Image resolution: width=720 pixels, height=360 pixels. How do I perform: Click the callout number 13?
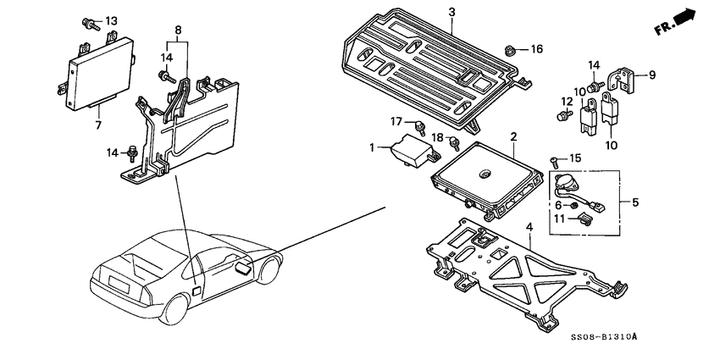point(112,20)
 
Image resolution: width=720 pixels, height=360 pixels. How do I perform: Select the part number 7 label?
point(98,125)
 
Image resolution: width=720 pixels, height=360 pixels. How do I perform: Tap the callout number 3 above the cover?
point(451,12)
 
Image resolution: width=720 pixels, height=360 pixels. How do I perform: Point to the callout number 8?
point(177,30)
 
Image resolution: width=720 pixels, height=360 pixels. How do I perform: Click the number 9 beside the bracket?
point(652,74)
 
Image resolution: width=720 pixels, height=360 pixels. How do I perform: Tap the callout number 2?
point(513,136)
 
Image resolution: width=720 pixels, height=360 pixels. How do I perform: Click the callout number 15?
point(576,158)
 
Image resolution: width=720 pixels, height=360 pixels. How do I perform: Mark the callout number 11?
point(558,219)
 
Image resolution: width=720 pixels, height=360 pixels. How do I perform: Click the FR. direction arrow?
point(678,21)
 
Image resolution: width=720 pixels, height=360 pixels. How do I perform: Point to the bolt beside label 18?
point(456,142)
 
